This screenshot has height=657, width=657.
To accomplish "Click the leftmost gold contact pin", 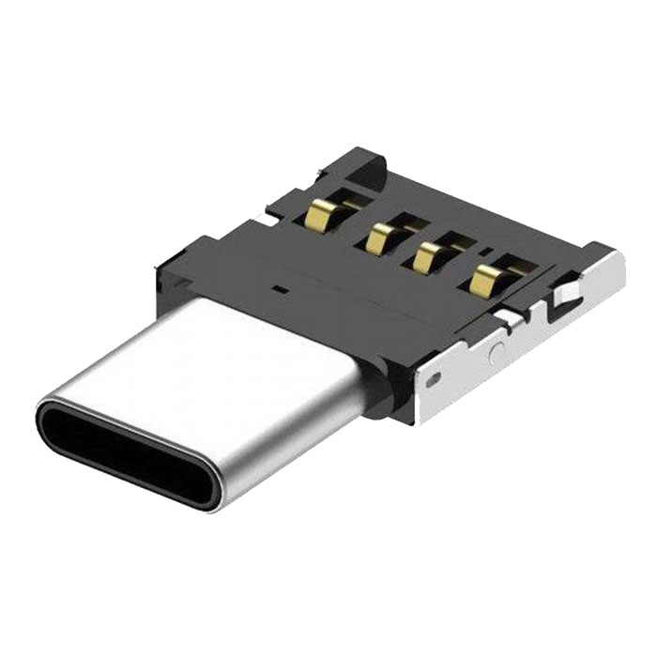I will click(316, 219).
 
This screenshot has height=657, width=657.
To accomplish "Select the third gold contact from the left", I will click(428, 255).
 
